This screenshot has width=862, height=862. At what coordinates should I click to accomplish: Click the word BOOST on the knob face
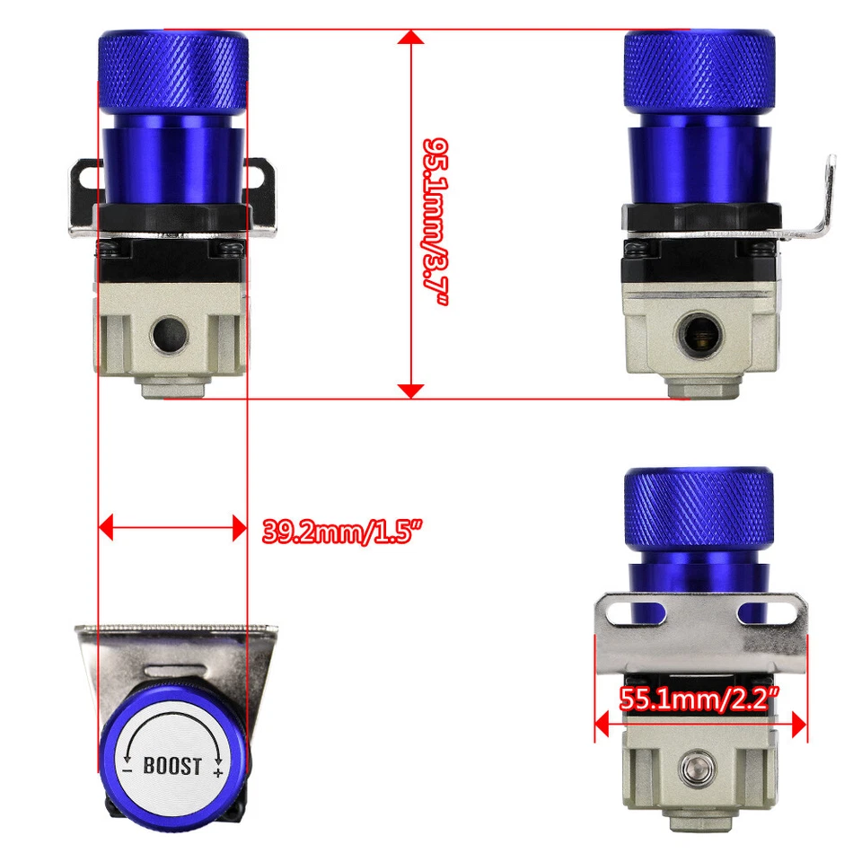click(x=172, y=768)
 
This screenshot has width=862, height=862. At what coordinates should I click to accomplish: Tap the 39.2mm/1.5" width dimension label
click(x=342, y=531)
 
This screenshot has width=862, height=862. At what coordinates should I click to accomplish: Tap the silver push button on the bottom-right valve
click(x=695, y=769)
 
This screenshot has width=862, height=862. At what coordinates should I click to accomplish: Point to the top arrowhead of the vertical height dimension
click(x=410, y=37)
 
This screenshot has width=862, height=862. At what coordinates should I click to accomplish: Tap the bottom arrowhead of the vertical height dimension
click(x=410, y=390)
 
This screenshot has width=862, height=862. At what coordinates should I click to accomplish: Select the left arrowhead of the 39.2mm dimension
click(x=106, y=527)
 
